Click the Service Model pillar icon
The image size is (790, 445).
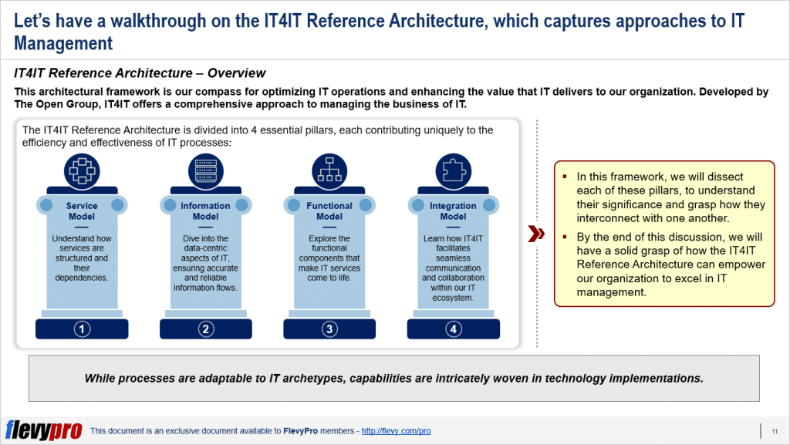(82, 169)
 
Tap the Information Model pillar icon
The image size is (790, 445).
(205, 169)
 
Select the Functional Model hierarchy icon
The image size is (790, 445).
(329, 169)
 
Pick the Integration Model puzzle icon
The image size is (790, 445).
(453, 169)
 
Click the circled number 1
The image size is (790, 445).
(82, 329)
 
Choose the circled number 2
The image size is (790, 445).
(205, 329)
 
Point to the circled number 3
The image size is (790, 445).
(329, 329)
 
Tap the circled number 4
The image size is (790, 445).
(453, 329)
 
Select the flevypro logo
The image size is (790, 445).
(43, 430)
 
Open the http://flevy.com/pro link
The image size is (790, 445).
(396, 430)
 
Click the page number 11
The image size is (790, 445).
(774, 430)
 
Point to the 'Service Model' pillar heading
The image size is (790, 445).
(82, 211)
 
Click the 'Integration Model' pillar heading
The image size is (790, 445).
(453, 211)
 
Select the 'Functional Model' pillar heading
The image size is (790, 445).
(329, 211)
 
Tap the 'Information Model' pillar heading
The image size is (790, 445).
(205, 211)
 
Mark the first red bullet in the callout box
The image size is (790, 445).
(565, 177)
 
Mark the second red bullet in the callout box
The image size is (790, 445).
(565, 237)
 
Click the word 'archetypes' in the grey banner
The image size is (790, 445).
(326, 378)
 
